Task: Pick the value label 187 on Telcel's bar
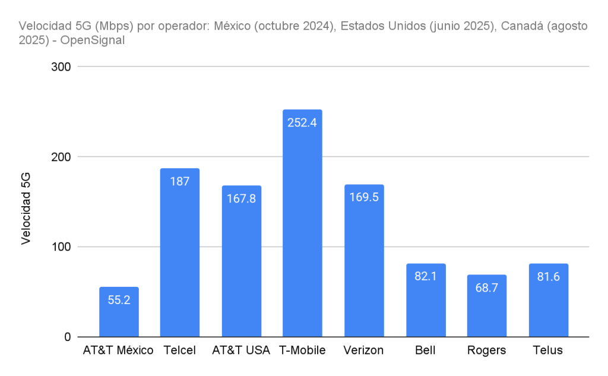coord(180,181)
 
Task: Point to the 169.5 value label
coord(364,197)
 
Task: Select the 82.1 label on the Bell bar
coord(425,276)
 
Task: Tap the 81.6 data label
coord(548,276)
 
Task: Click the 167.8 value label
coord(241,198)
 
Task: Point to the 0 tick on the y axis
coord(66,337)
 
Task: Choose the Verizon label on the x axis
coord(363,350)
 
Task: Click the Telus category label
coord(548,350)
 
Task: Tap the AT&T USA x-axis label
coord(241,350)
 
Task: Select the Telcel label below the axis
coord(179,350)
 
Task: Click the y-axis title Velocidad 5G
coord(26,208)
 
